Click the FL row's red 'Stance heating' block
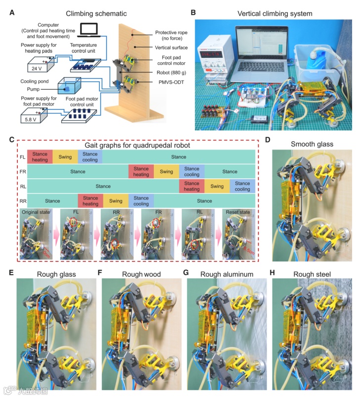click(x=40, y=157)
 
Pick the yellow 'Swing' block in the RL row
click(x=217, y=186)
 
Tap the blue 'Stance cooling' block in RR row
click(x=141, y=201)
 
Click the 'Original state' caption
click(x=38, y=213)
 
